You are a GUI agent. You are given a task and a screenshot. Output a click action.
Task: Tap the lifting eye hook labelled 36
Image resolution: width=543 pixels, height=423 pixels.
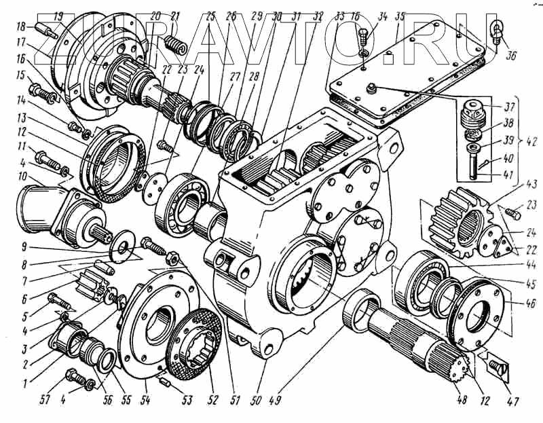pos(498,31)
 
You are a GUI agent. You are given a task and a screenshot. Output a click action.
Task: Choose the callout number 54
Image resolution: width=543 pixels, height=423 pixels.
pos(145,399)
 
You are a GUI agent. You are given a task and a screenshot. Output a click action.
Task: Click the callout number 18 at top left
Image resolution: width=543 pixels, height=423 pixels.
pos(20,26)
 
